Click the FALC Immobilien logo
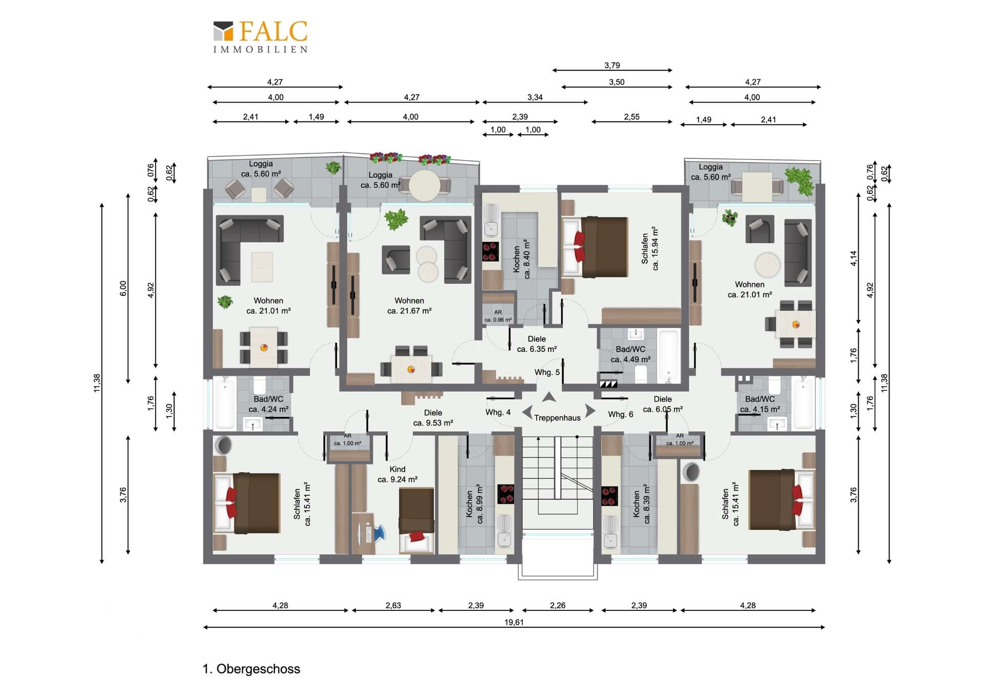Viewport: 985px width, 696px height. [x=261, y=36]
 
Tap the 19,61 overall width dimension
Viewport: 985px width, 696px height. [x=514, y=622]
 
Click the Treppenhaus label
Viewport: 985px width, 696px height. [x=557, y=418]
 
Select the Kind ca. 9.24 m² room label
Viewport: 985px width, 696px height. [x=398, y=474]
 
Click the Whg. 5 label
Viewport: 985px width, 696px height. [x=547, y=372]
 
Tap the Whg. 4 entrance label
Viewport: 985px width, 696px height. [x=498, y=412]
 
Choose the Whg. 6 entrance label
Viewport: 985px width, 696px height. [x=621, y=414]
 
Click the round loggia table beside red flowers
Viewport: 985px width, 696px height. [x=424, y=185]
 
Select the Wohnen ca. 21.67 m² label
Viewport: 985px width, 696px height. [x=409, y=306]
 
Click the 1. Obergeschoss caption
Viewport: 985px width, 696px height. [x=251, y=669]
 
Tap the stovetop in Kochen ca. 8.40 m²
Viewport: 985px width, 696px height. [x=490, y=251]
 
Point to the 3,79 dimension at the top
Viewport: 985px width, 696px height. [x=612, y=65]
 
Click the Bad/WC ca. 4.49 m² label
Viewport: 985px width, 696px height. [x=631, y=354]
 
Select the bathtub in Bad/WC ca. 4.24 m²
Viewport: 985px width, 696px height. [x=225, y=403]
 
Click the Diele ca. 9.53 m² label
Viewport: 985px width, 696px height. [x=433, y=418]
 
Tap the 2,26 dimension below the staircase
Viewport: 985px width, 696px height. [x=558, y=606]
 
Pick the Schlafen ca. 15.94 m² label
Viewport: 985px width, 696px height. [x=650, y=249]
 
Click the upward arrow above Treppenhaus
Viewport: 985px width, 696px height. [x=549, y=397]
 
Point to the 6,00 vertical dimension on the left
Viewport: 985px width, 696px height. [x=123, y=288]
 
